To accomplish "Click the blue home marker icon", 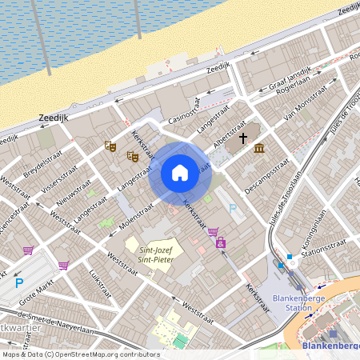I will pos(180,173).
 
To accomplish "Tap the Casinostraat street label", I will pos(182,112).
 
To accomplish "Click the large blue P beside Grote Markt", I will pos(19,282).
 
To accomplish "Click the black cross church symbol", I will pos(242,138).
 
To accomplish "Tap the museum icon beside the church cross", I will pos(259,148).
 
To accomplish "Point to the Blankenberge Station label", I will pos(292,302).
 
